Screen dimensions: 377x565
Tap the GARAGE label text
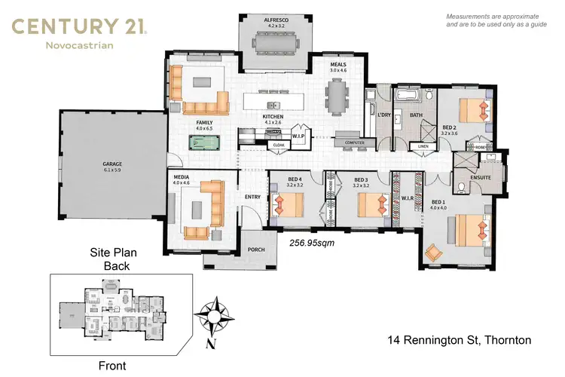112,164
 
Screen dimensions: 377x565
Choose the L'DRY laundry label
382,115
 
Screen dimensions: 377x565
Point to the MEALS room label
338,65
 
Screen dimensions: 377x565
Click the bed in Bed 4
289,204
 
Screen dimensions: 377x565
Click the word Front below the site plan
116,366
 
